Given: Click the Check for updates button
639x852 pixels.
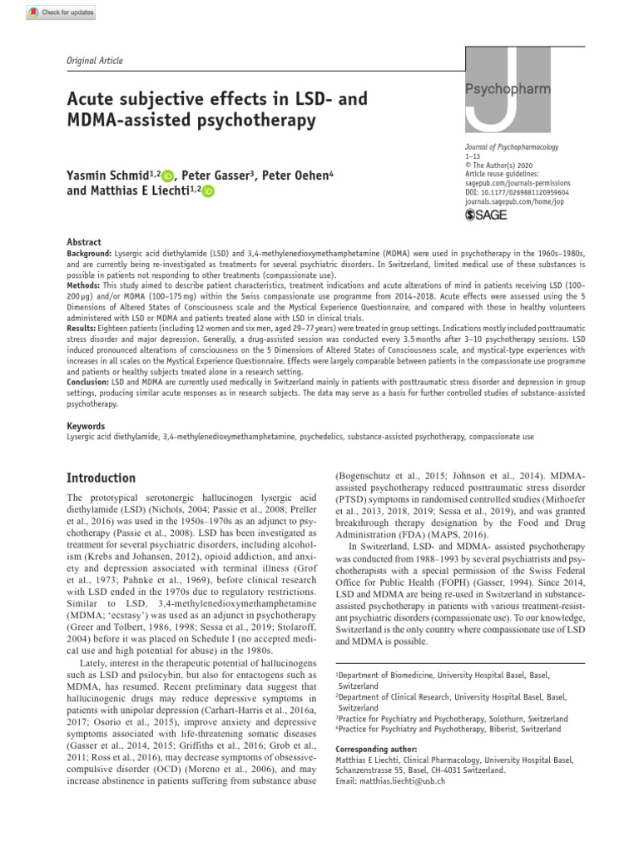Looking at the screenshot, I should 62,12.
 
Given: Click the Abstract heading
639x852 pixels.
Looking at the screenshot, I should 83,242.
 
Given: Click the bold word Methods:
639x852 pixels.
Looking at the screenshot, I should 84,284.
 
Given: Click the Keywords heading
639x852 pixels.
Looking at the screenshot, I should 86,426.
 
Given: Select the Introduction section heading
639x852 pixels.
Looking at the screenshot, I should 101,478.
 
